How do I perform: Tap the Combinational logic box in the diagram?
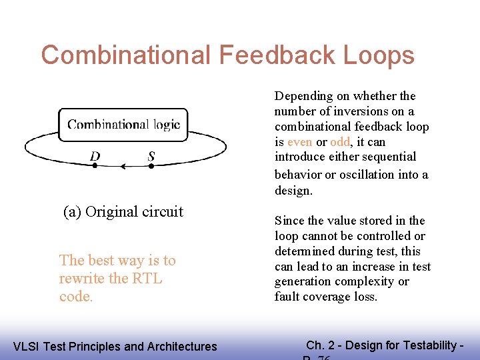123,124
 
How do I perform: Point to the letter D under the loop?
95,156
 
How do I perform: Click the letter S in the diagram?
151,156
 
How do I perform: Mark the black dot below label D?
95,166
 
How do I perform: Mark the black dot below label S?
151,166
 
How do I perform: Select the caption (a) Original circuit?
123,212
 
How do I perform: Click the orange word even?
299,142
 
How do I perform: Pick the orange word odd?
340,142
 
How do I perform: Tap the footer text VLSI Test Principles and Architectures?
115,346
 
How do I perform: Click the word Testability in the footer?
428,345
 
